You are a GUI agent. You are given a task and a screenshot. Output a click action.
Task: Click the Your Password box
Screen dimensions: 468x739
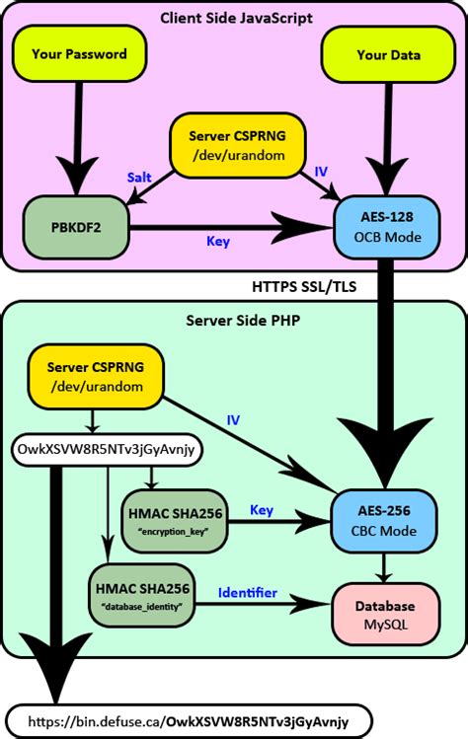coord(80,54)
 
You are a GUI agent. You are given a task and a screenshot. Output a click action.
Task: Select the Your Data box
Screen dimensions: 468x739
coord(388,55)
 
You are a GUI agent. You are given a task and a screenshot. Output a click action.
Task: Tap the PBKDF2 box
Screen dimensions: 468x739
coord(76,228)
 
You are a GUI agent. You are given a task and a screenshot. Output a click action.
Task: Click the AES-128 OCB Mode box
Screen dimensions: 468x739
coord(387,227)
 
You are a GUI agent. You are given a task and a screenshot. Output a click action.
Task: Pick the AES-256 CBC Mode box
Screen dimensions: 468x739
coord(384,521)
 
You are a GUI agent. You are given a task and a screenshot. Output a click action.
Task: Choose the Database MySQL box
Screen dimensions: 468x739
coord(385,615)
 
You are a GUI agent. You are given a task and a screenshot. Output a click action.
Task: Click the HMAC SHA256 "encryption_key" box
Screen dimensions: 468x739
coord(175,521)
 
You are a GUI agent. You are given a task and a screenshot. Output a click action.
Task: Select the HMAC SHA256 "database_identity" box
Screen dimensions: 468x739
coord(142,596)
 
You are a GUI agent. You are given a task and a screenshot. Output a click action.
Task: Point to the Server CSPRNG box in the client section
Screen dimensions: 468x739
coord(237,145)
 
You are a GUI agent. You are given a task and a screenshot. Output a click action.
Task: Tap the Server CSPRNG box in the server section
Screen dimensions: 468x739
coord(96,377)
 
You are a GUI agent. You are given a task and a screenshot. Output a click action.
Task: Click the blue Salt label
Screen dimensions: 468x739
coord(139,178)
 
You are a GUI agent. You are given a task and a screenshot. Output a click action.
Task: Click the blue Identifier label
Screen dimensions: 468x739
coord(247,592)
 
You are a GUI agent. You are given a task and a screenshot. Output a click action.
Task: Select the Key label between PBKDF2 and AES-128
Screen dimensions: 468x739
coord(218,242)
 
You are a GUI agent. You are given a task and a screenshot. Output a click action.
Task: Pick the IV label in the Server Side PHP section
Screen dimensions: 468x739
coord(233,420)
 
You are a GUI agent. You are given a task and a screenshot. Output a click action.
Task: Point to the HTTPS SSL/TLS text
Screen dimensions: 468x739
coord(304,286)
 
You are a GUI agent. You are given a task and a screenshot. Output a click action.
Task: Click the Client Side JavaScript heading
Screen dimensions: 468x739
coord(236,18)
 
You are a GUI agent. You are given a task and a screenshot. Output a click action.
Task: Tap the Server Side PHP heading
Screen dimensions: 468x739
coord(243,321)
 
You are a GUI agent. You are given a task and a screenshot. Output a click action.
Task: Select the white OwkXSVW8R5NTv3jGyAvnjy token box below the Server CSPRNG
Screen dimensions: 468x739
coord(107,449)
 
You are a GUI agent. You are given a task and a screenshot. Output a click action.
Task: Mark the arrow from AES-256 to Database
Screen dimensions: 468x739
coord(384,568)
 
